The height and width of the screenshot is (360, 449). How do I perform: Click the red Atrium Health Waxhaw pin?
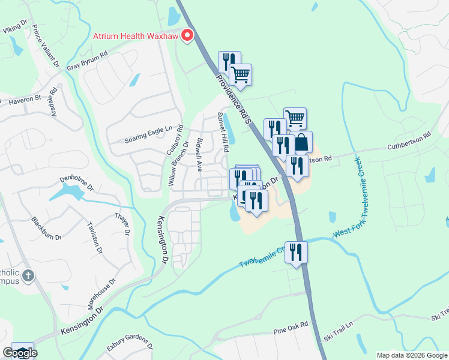(x=187, y=37)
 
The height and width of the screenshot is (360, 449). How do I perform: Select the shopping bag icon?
(x=301, y=143)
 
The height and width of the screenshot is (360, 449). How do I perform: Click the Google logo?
(x=20, y=353)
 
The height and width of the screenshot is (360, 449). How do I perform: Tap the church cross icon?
(x=28, y=276)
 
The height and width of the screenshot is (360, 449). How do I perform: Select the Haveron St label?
(x=24, y=98)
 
